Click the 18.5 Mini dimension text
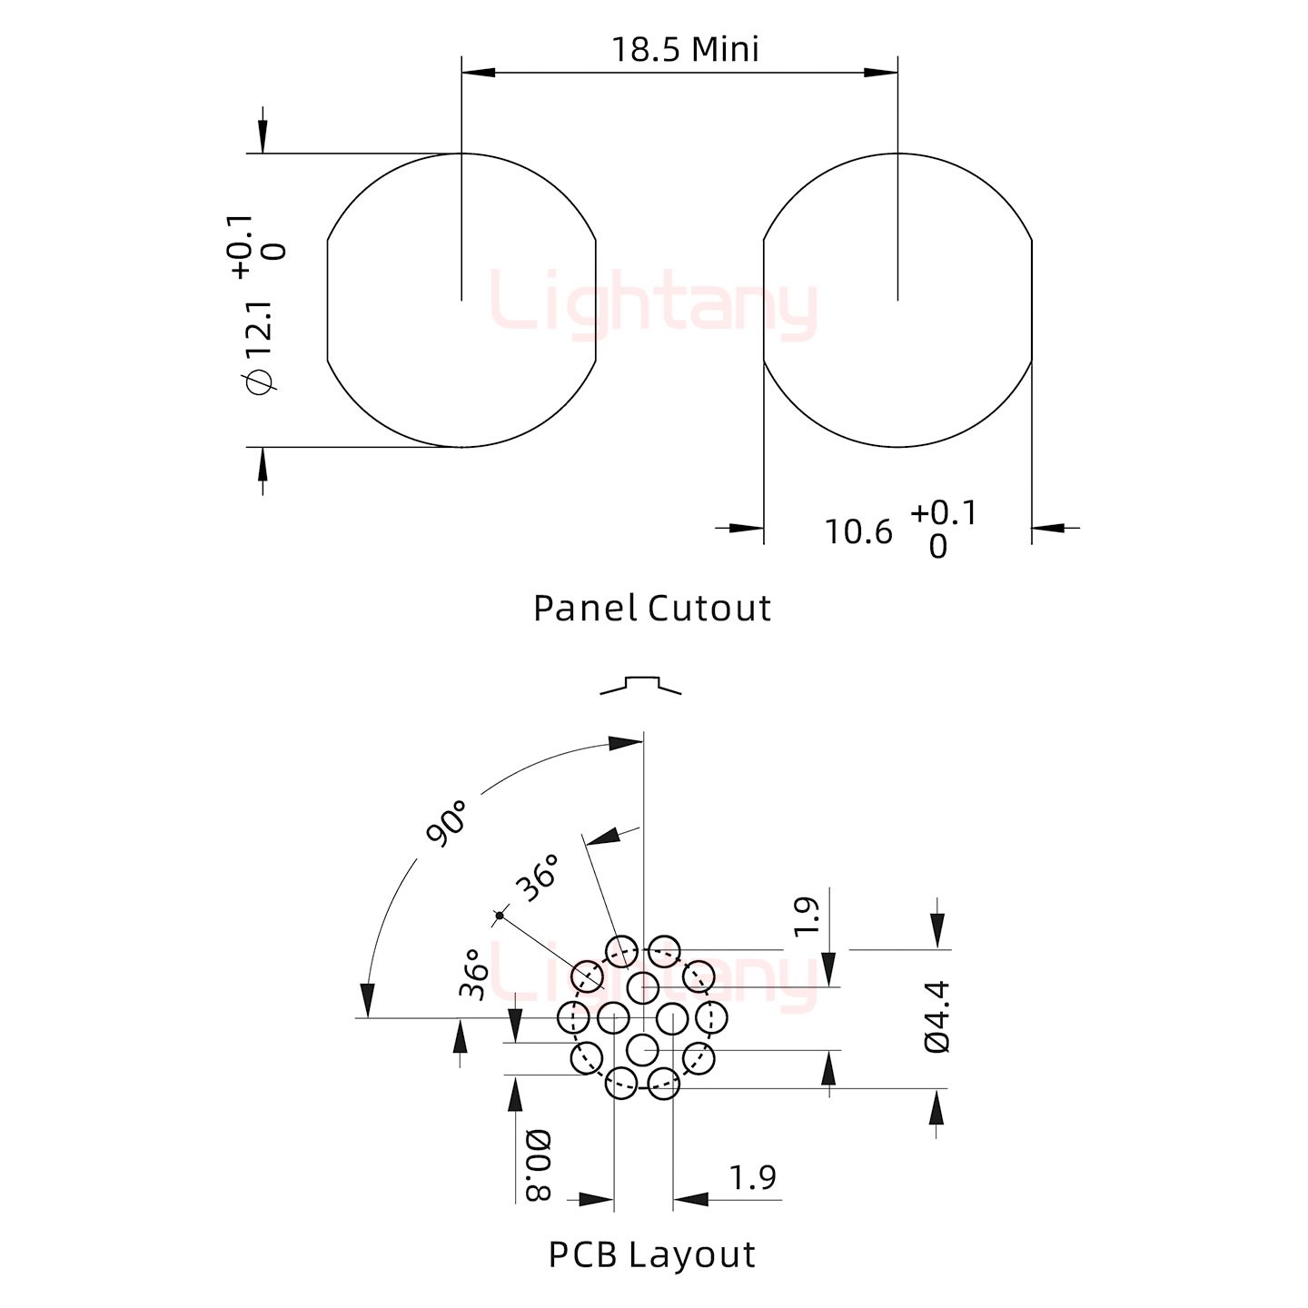coord(685,50)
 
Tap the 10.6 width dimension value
coord(858,532)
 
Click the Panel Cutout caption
coord(651,608)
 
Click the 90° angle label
coord(446,823)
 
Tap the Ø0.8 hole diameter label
coord(539,1165)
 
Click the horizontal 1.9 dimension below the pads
coord(752,1178)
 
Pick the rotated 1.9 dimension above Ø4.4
coord(807,917)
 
